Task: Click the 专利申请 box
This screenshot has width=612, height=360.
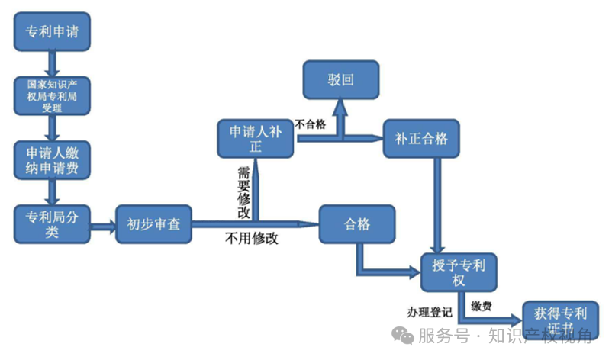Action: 52,32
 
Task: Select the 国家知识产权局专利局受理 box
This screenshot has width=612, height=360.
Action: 52,96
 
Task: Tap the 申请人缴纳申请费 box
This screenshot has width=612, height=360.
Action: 52,159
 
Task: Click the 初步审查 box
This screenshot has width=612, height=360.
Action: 153,225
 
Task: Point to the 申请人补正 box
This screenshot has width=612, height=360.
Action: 256,138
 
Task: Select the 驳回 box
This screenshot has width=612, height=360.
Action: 341,80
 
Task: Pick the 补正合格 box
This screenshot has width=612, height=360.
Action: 421,139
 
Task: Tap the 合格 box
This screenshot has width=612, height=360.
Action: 357,225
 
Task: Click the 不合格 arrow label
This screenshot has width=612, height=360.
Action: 311,124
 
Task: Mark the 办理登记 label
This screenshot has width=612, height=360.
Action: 430,312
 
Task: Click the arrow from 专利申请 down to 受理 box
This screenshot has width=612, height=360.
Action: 52,64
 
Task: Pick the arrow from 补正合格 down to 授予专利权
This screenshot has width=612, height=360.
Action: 436,206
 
